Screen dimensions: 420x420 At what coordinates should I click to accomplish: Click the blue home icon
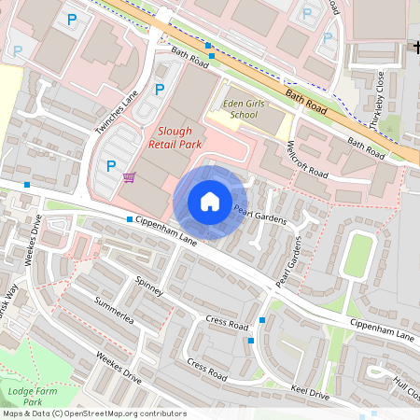coord(209,202)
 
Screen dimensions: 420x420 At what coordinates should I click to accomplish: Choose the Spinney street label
coord(148,286)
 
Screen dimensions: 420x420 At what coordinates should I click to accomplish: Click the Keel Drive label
coord(310,392)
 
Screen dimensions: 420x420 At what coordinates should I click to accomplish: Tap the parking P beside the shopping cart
coord(111,167)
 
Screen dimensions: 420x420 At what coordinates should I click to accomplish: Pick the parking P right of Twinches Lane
coord(160,90)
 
